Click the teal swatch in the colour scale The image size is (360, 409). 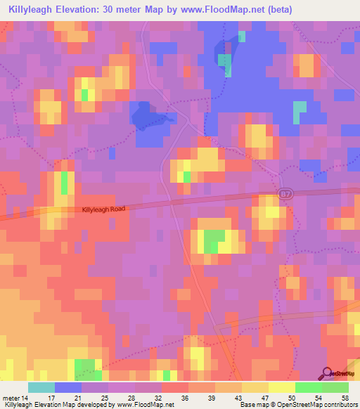point(41,387)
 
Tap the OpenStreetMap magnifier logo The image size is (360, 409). point(326,373)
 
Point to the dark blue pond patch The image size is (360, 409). point(148,117)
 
